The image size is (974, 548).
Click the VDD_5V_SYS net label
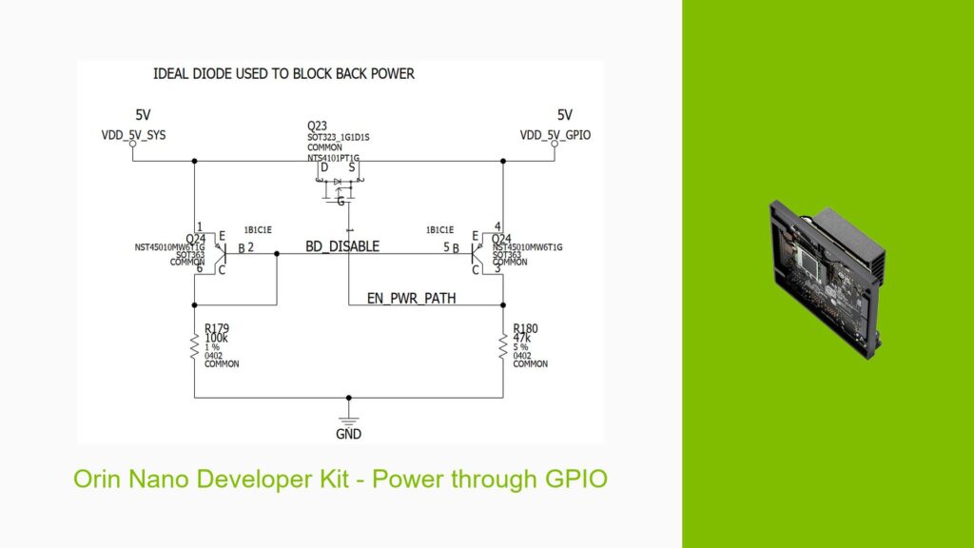[133, 135]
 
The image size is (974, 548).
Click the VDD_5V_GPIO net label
[555, 135]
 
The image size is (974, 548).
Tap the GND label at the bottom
[348, 433]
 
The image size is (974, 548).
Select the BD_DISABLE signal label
[341, 246]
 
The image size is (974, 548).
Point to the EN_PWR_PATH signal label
[411, 298]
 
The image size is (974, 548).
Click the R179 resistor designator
[217, 328]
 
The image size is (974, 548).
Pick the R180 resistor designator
[526, 328]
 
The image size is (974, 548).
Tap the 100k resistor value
[217, 338]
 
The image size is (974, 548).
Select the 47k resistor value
[522, 338]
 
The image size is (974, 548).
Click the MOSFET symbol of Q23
[338, 186]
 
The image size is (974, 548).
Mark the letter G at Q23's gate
[341, 202]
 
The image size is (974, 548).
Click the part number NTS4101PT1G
[332, 157]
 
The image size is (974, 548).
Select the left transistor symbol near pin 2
[221, 251]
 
